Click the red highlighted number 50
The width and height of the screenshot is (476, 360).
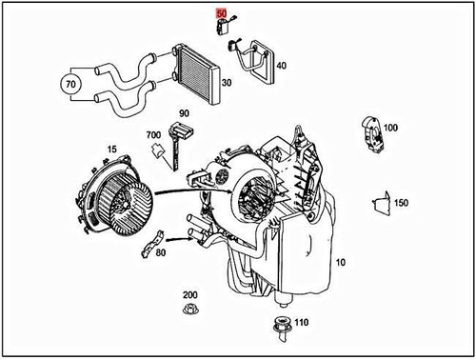[222, 13]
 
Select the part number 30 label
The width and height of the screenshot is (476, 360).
[227, 83]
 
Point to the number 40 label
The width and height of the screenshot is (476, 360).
[281, 66]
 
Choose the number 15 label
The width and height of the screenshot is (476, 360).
[111, 150]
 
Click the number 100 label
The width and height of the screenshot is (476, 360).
[390, 127]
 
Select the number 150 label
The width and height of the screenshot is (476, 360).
[401, 203]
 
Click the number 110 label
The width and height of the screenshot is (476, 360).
[302, 323]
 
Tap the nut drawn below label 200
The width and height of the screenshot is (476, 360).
[189, 311]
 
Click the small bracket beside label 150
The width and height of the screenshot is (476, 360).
[378, 203]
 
